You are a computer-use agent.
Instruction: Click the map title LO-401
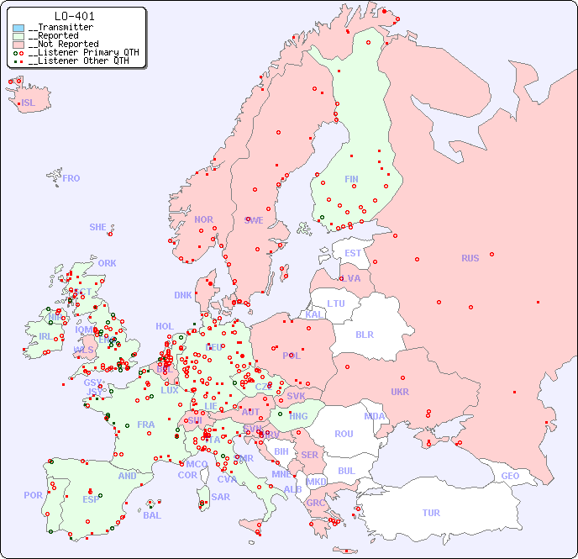pos(74,16)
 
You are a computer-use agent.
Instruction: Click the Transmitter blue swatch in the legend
pos(18,28)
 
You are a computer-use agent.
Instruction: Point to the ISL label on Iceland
pos(29,103)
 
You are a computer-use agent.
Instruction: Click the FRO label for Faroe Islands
pos(71,178)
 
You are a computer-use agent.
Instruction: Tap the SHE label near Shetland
pos(98,227)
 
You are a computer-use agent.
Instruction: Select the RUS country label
pos(470,258)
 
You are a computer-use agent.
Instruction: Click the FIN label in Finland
pos(351,179)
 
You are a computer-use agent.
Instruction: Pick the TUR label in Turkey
pos(431,513)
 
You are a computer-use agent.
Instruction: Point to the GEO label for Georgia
pos(510,476)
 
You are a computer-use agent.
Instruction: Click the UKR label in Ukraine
pos(399,392)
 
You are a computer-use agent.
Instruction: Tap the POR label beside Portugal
pos(33,495)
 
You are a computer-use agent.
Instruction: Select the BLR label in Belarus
pos(364,334)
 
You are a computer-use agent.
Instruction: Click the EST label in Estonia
pos(353,253)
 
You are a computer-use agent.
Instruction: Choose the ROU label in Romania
pos(344,434)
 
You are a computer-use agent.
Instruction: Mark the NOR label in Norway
pos(203,219)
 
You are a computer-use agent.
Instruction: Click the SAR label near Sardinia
pos(220,497)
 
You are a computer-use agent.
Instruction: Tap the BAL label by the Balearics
pos(151,515)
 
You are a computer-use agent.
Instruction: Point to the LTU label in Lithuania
pos(336,303)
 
